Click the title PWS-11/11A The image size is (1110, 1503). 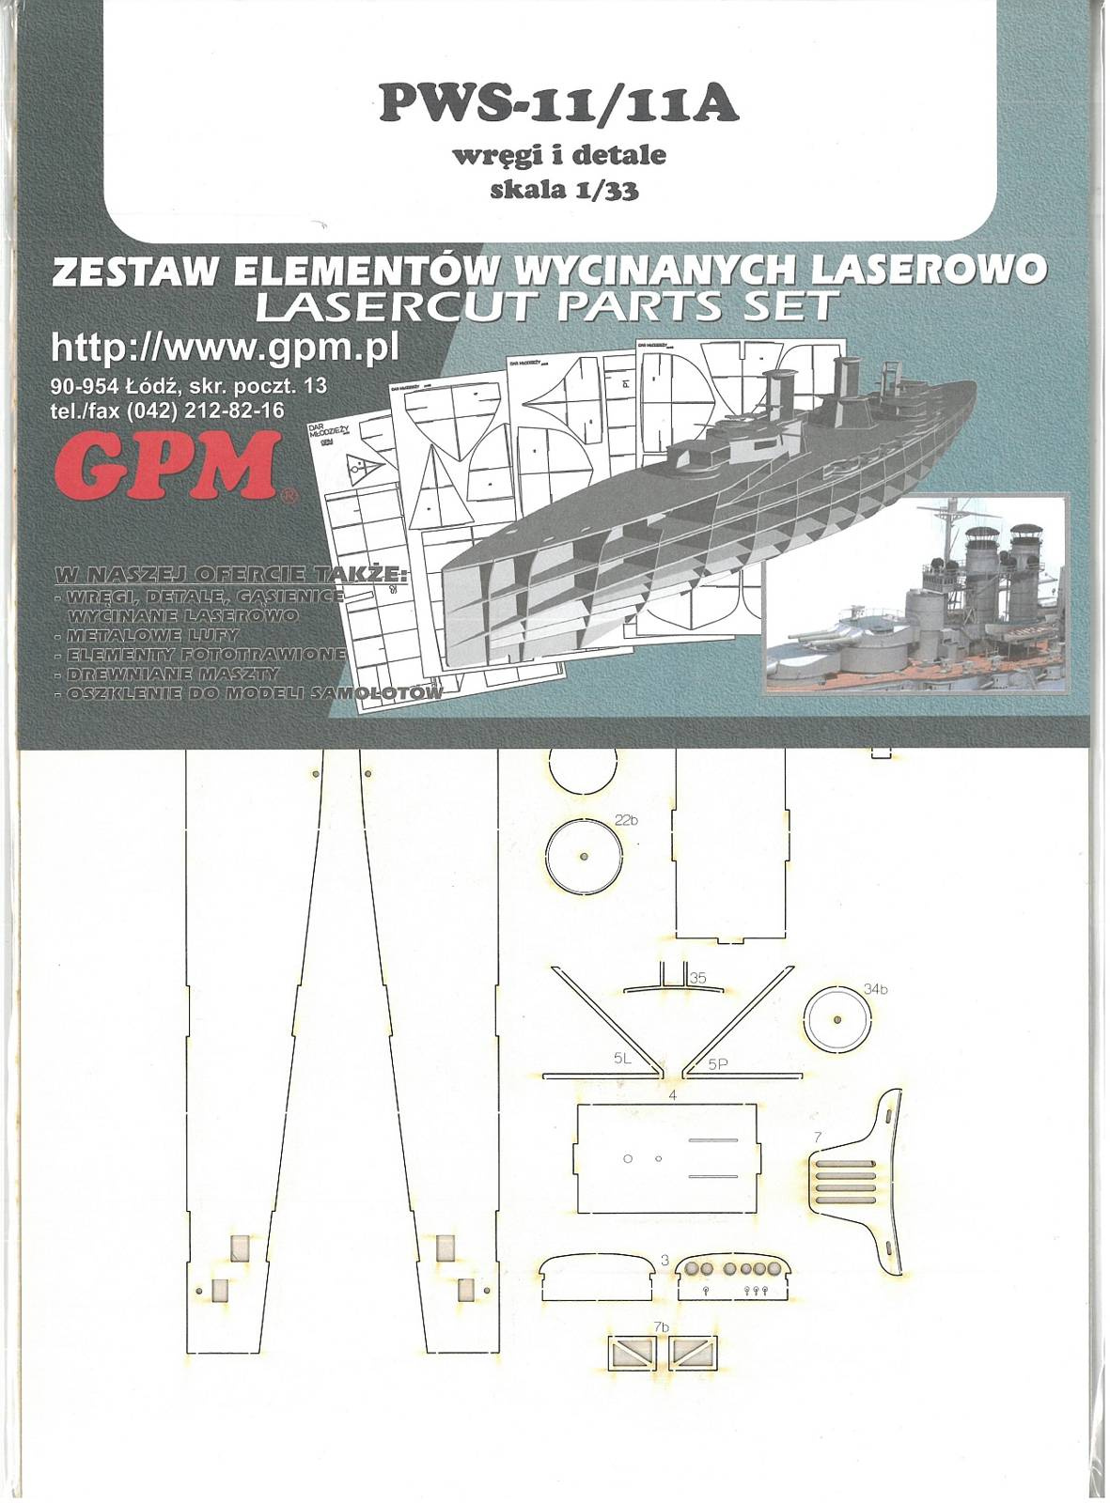click(x=558, y=106)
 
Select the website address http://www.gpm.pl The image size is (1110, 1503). click(x=226, y=348)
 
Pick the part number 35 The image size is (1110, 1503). click(x=697, y=978)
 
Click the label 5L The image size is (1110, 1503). click(x=622, y=1058)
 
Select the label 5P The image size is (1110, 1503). click(x=719, y=1064)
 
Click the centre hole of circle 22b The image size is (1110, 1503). click(x=585, y=857)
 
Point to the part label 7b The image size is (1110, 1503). click(x=661, y=1326)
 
